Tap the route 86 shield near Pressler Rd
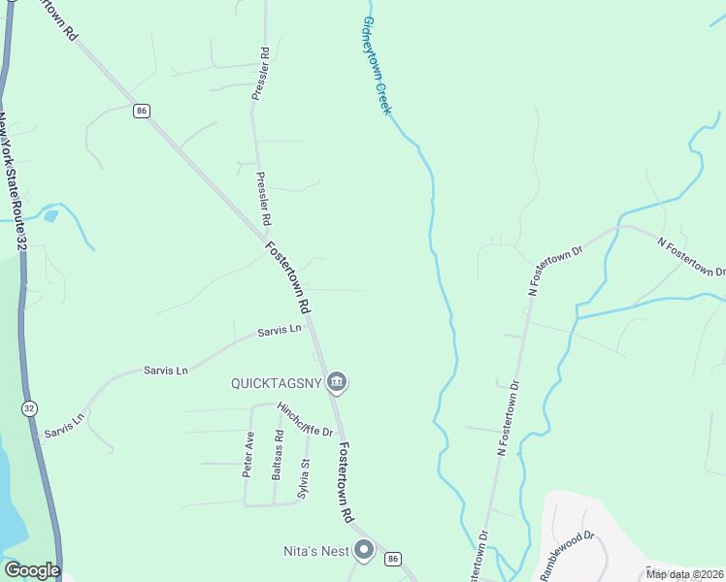click(143, 112)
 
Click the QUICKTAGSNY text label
click(275, 382)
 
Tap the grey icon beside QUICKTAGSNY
click(337, 382)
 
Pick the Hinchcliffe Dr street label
click(305, 419)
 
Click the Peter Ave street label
click(247, 455)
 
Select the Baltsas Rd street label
click(278, 455)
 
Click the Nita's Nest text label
click(315, 551)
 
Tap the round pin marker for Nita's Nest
click(364, 551)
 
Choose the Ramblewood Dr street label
click(567, 555)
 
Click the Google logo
click(32, 570)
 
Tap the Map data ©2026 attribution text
click(684, 574)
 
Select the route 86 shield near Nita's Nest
click(392, 559)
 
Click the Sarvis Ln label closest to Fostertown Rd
click(280, 331)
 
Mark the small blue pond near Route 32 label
click(50, 216)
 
